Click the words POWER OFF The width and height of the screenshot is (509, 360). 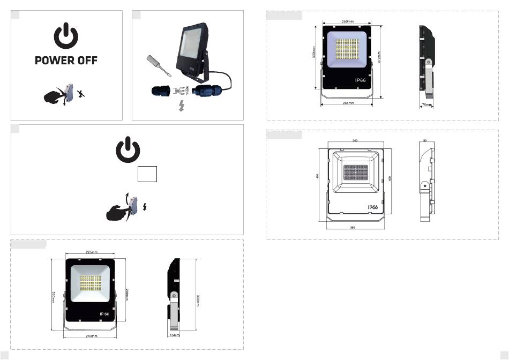point(66,61)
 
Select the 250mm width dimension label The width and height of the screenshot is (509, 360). point(347,21)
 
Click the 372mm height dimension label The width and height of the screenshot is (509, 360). point(378,58)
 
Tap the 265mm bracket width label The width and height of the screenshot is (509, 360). point(347,103)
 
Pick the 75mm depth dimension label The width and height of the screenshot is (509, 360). point(426,106)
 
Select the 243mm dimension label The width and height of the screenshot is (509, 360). point(91,336)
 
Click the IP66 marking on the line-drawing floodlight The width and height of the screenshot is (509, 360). point(373,207)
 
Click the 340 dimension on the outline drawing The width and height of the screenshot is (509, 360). point(355,140)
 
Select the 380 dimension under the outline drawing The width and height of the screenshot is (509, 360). point(353,228)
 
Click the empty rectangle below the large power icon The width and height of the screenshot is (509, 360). point(147,175)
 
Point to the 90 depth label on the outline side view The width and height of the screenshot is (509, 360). point(425,140)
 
